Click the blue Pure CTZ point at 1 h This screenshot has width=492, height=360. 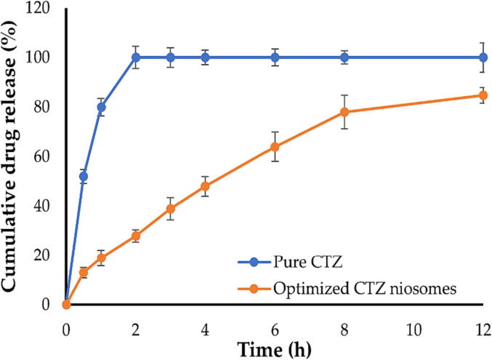[101, 107]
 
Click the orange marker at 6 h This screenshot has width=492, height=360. [275, 147]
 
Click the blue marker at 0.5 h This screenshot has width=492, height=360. [84, 176]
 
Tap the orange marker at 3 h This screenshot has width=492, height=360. [171, 209]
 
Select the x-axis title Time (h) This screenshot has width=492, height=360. [273, 349]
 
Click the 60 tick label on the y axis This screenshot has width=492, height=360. [44, 156]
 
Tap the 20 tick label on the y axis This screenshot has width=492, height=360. [44, 255]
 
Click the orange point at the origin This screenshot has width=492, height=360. [66, 304]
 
